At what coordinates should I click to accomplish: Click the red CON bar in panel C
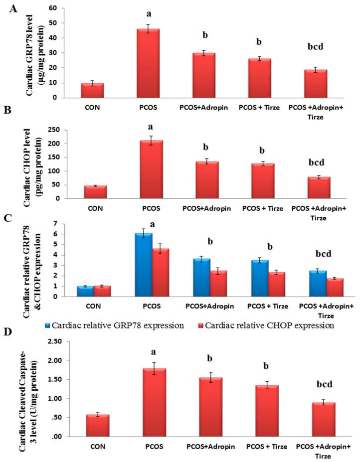(102, 291)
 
